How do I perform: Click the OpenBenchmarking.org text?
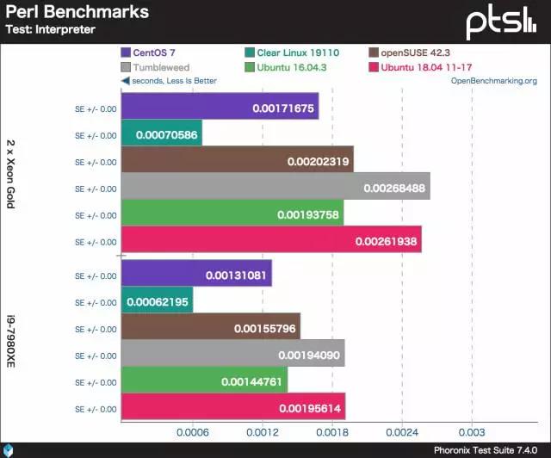coord(493,81)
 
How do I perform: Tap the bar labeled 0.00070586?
coord(161,135)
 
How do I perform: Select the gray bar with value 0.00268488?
coord(275,188)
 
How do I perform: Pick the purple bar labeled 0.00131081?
coord(196,276)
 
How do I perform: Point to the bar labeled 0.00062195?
coord(157,302)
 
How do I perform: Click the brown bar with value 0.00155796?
coord(210,329)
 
